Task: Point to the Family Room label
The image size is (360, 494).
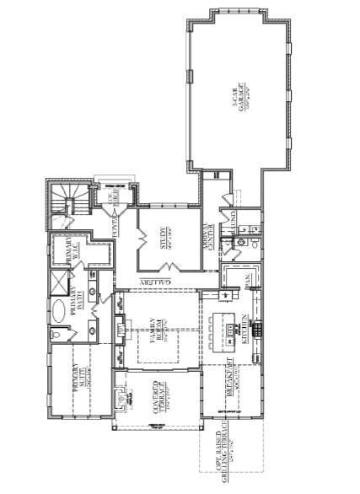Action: pyautogui.click(x=155, y=330)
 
